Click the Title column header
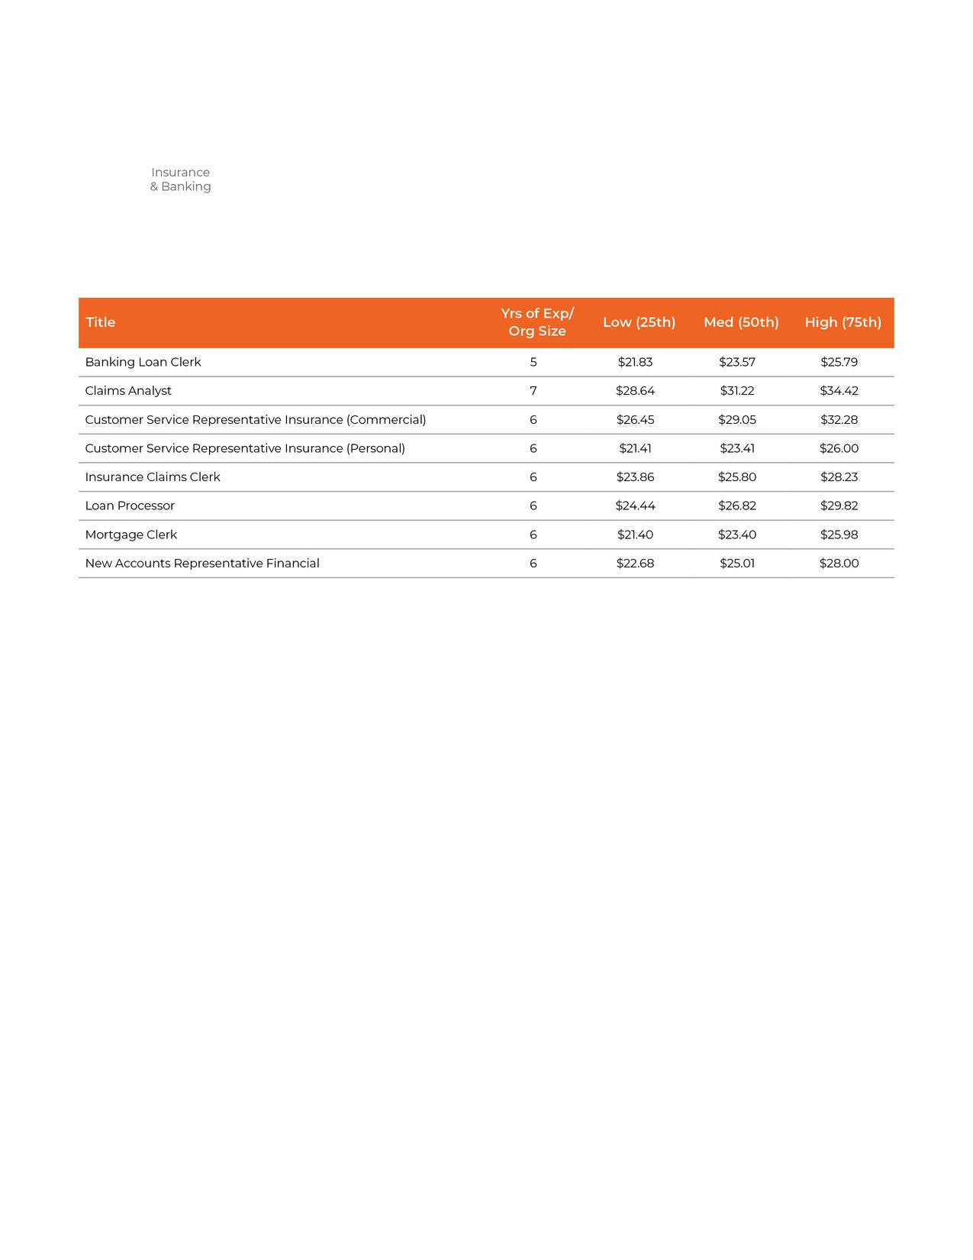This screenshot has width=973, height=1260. coord(101,322)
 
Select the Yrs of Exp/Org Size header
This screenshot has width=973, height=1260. coord(537,322)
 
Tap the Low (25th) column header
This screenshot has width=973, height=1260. coord(639,322)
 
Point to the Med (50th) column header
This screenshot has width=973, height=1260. coord(741,322)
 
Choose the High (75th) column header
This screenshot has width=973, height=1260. coord(843,322)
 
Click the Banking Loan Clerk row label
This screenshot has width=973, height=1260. coord(143,362)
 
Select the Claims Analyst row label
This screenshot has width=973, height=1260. coord(128,391)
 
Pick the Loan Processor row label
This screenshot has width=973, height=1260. coord(130,506)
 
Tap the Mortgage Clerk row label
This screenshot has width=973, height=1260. coord(131,535)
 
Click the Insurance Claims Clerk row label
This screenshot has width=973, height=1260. coord(153,477)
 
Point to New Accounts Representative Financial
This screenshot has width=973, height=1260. coord(202,564)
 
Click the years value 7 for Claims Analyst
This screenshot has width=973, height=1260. coord(533,391)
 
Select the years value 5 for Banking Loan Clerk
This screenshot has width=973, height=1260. coord(533,362)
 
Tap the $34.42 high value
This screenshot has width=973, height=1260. coord(839,391)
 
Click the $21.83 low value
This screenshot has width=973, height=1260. coord(635,362)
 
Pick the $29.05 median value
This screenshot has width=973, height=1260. coord(737,420)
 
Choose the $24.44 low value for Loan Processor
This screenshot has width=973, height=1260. coord(635,506)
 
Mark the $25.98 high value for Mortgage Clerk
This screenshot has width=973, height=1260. coord(839,535)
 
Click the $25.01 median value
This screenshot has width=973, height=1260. coord(737,564)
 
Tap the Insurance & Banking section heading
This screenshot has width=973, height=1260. coord(180,179)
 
